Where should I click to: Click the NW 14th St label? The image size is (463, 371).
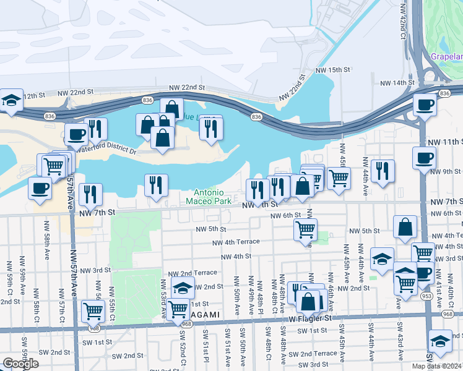pyautogui.click(x=397, y=82)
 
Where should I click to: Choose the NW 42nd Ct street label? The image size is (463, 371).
pyautogui.click(x=402, y=26)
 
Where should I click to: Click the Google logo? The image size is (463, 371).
pyautogui.click(x=20, y=364)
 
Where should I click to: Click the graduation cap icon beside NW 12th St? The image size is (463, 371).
pyautogui.click(x=11, y=101)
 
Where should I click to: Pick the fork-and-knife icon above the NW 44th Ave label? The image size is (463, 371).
pyautogui.click(x=383, y=171)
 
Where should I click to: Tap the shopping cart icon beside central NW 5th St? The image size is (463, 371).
pyautogui.click(x=306, y=229)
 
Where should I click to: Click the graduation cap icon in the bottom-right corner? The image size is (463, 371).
pyautogui.click(x=440, y=342)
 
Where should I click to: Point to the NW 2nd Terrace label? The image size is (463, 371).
pyautogui.click(x=194, y=272)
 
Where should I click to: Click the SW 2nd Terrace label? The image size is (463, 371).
pyautogui.click(x=317, y=353)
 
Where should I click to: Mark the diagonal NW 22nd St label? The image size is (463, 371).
pyautogui.click(x=293, y=89)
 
